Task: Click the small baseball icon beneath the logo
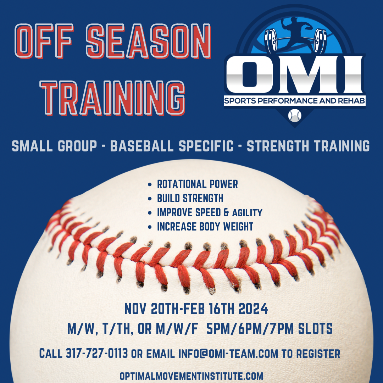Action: (294, 115)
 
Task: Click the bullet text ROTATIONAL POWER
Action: (198, 184)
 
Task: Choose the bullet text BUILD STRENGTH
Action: (190, 198)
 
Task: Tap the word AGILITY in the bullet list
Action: (247, 213)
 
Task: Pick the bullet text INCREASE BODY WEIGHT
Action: (205, 227)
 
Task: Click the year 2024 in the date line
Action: (253, 309)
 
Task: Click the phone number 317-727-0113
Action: (97, 353)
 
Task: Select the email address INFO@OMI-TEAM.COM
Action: (228, 353)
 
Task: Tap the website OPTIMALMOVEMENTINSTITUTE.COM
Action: (191, 376)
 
